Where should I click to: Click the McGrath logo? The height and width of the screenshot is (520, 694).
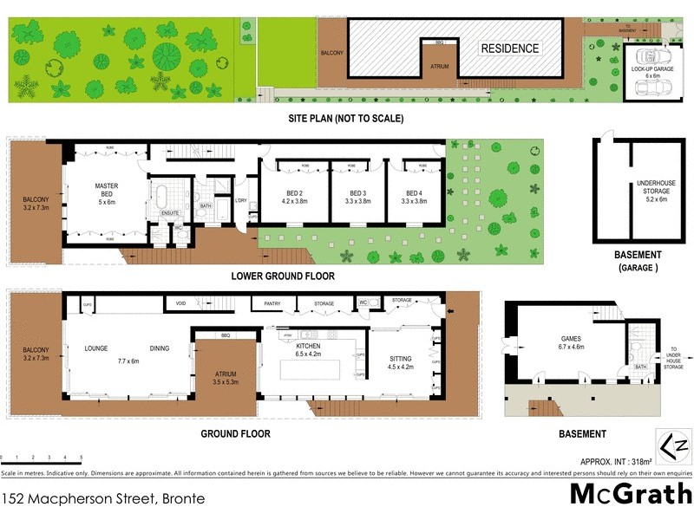coord(630,493)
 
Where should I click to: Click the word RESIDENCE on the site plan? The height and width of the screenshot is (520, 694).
coord(510,49)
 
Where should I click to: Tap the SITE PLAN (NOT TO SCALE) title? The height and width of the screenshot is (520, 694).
coord(347,119)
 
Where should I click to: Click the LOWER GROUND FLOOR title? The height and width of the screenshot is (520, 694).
coord(283,276)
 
